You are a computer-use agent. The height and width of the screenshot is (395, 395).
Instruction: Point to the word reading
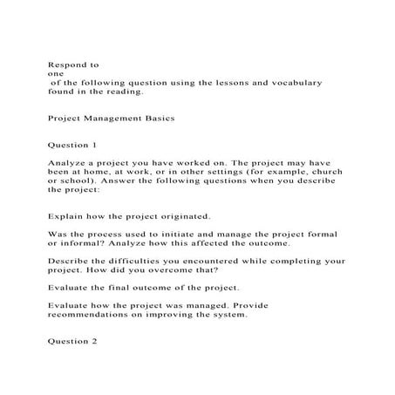coord(121,91)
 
